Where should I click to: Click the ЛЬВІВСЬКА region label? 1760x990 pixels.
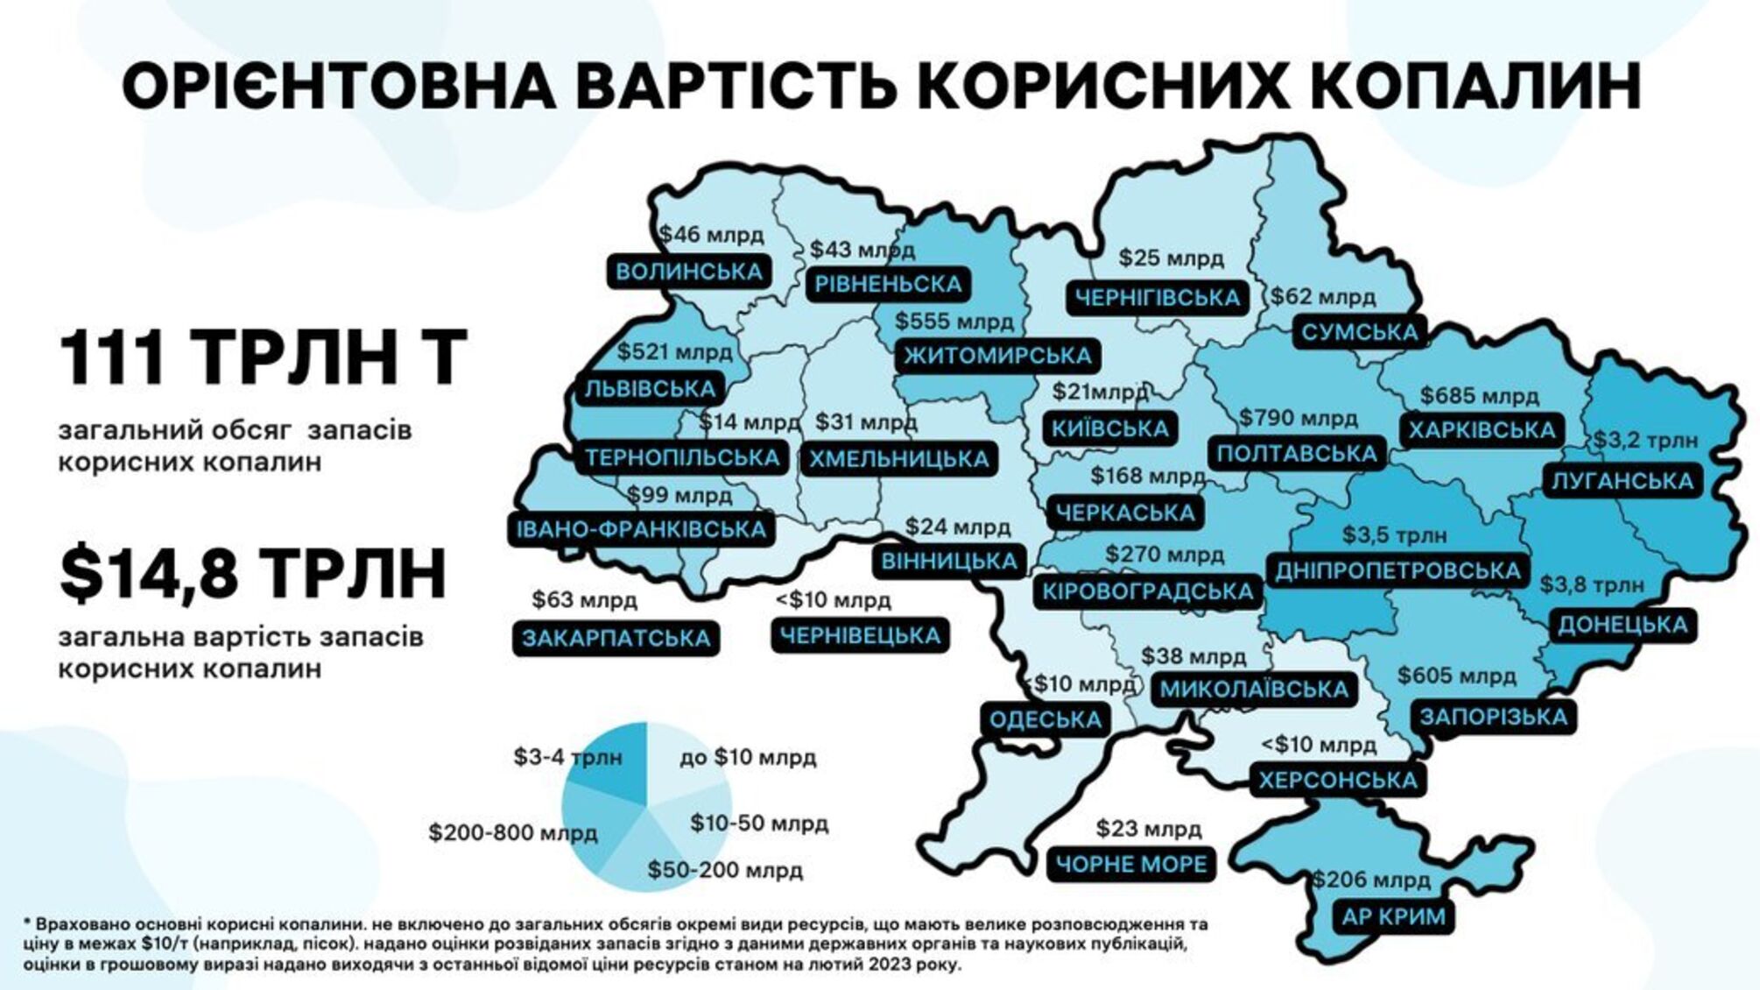point(650,389)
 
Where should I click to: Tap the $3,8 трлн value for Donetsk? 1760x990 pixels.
point(1592,584)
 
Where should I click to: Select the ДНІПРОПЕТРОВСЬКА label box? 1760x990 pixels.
point(1397,571)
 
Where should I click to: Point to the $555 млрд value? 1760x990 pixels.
point(954,322)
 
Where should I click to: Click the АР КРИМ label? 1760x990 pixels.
point(1393,917)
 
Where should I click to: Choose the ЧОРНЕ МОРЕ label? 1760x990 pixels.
point(1131,865)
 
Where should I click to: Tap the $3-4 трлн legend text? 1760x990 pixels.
point(567,757)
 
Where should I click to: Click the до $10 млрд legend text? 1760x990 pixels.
point(748,757)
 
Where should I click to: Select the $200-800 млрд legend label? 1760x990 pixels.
point(513,832)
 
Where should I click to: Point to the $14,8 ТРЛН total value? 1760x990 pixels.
point(254,574)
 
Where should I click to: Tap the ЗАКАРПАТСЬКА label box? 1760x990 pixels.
point(616,639)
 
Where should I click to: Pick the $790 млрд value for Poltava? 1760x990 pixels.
point(1298,418)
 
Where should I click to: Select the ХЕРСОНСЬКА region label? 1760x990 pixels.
point(1337,781)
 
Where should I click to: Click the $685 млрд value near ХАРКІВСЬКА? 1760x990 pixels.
point(1479,396)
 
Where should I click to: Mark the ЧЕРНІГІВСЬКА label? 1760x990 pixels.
point(1157,298)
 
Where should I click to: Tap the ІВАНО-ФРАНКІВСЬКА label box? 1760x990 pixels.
point(641,529)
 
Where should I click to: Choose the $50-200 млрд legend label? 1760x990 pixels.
point(725,870)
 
